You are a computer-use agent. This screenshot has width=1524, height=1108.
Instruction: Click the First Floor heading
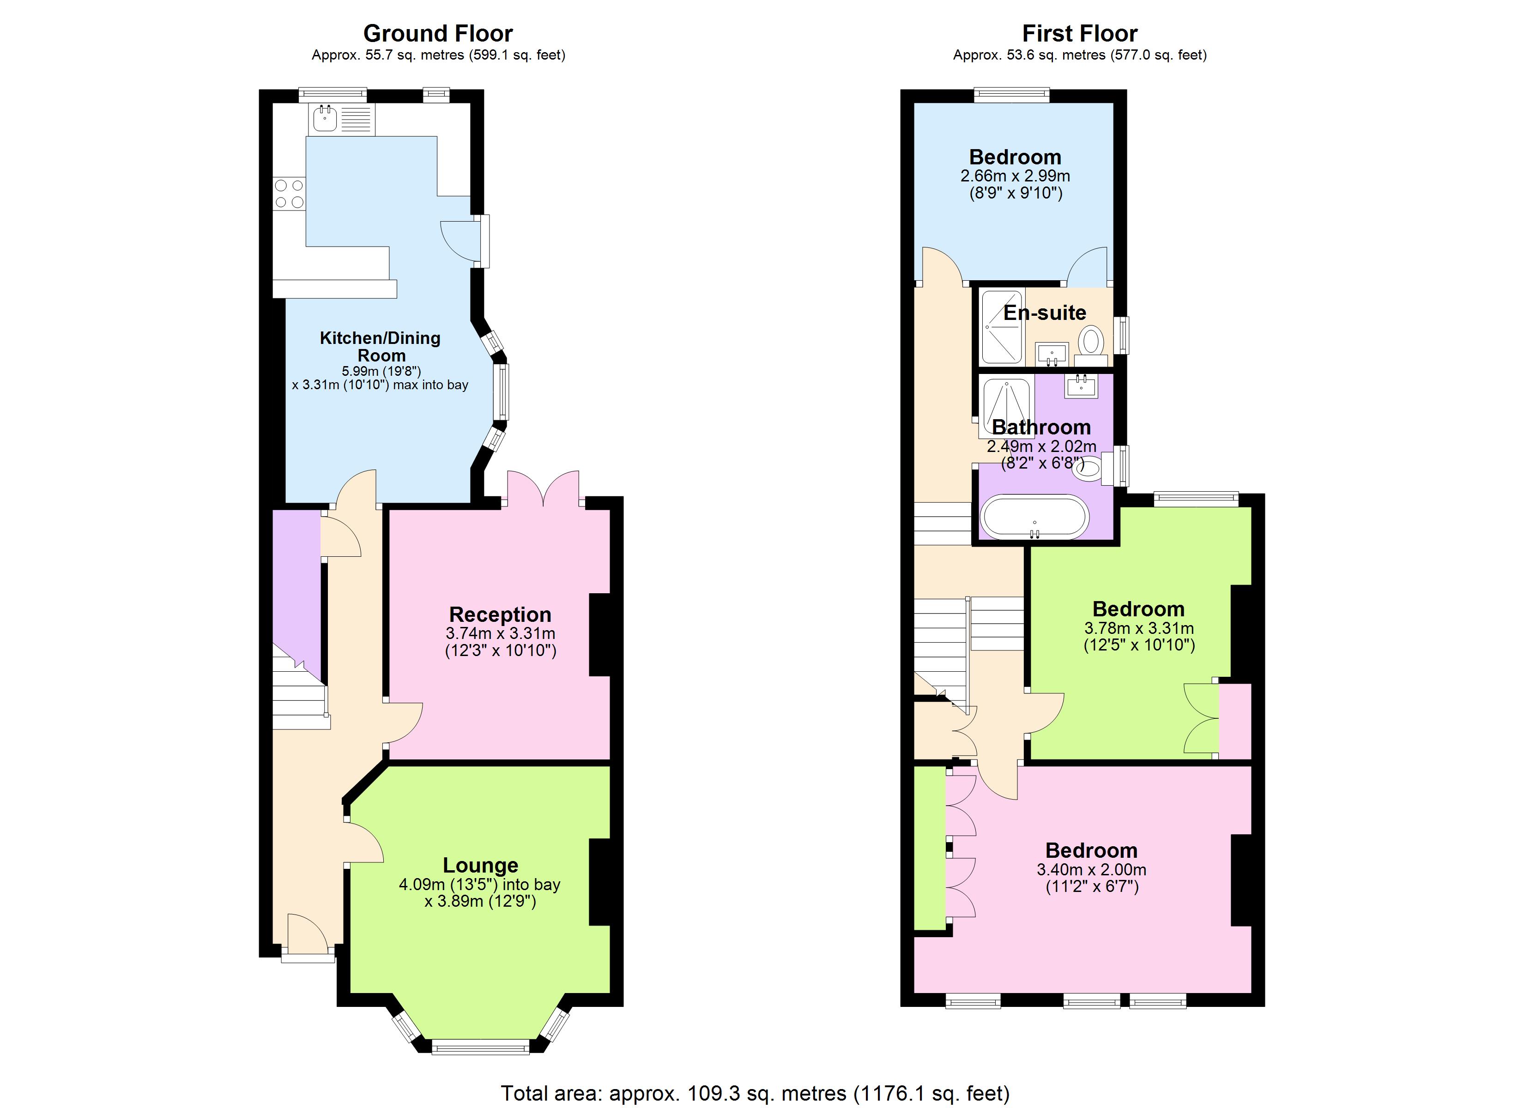[x=1079, y=33]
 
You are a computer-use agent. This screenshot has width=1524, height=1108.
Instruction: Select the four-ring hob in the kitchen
[x=289, y=193]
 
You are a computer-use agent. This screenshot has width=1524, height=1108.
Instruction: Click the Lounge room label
[x=480, y=865]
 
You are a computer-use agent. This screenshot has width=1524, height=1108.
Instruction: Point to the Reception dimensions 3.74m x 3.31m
[x=500, y=633]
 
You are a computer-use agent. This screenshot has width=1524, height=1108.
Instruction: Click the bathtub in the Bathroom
[x=1034, y=518]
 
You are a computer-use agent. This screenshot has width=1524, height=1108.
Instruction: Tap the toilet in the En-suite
[x=1091, y=342]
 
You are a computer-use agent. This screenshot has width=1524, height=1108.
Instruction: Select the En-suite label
[x=1044, y=313]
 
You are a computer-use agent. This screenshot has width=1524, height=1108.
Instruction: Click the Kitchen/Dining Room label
[x=381, y=346]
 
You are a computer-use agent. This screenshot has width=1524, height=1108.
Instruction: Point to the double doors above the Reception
[x=543, y=489]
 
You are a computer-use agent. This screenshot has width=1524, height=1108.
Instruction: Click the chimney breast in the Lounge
[x=599, y=882]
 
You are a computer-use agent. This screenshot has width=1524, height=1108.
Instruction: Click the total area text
[x=755, y=1093]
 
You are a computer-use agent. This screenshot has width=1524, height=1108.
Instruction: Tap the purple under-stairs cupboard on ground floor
[x=296, y=584]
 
